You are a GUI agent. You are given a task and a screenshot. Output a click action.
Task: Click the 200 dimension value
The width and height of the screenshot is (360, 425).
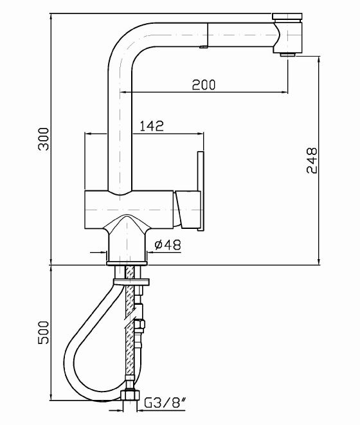pyautogui.click(x=204, y=85)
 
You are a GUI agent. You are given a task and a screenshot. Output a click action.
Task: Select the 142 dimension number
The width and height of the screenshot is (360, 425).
pyautogui.click(x=152, y=126)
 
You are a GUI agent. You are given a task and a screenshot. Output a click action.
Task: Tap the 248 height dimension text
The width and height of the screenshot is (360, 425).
pyautogui.click(x=312, y=161)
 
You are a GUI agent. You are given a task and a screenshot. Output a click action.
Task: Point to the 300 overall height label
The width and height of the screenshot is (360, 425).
pyautogui.click(x=43, y=139)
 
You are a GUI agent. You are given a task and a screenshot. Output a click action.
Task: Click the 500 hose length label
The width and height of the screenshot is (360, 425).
pyautogui.click(x=43, y=332)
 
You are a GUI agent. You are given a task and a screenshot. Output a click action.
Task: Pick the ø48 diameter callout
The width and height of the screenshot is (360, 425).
pyautogui.click(x=168, y=245)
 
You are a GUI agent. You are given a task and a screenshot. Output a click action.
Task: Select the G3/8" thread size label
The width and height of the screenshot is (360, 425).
pyautogui.click(x=165, y=403)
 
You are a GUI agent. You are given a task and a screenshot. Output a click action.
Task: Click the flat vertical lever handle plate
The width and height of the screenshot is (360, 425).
pyautogui.click(x=201, y=191)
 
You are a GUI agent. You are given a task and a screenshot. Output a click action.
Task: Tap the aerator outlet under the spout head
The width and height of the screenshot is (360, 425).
pyautogui.click(x=288, y=55)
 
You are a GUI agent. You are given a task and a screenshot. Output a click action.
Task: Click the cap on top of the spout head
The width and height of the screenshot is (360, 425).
pyautogui.click(x=287, y=16)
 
